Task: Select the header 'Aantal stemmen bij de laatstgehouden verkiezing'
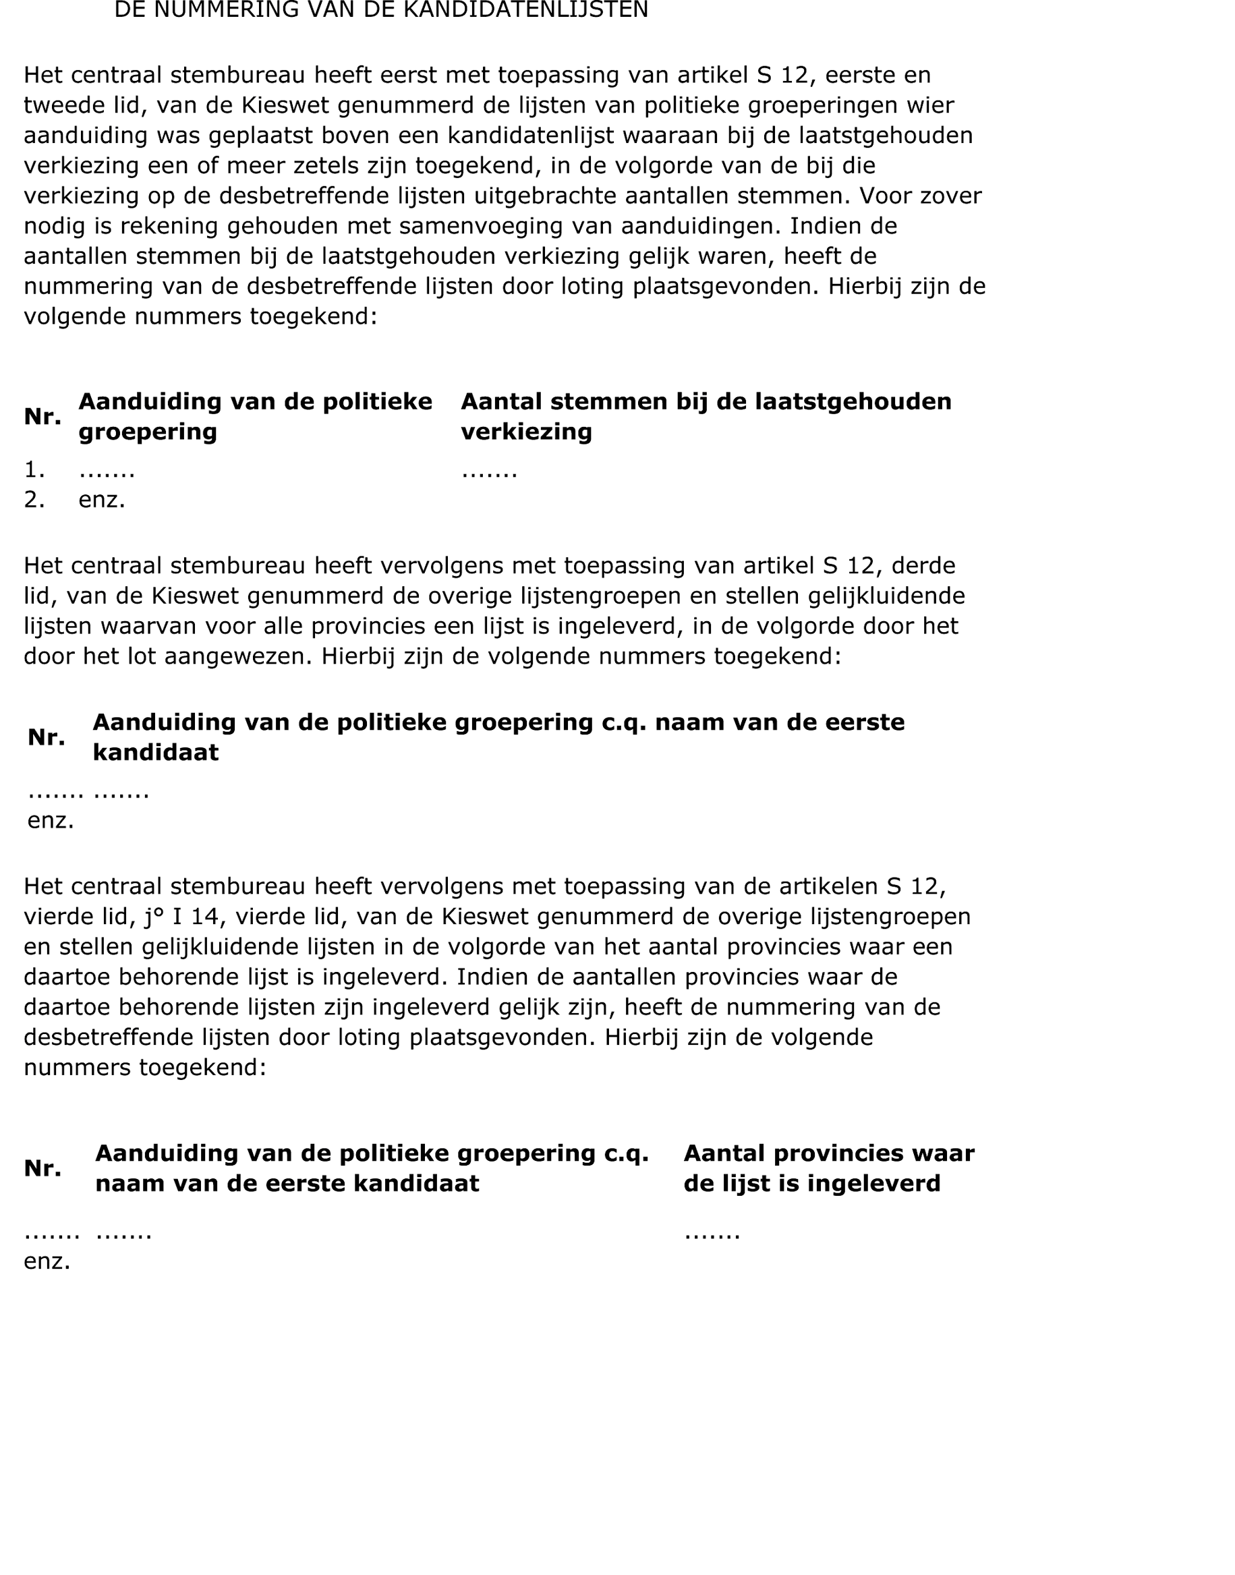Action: point(706,417)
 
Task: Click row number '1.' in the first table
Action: point(34,471)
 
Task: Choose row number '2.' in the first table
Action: point(34,500)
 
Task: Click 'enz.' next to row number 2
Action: point(102,500)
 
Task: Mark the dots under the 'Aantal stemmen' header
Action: point(490,472)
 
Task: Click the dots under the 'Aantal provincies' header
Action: point(712,1234)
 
